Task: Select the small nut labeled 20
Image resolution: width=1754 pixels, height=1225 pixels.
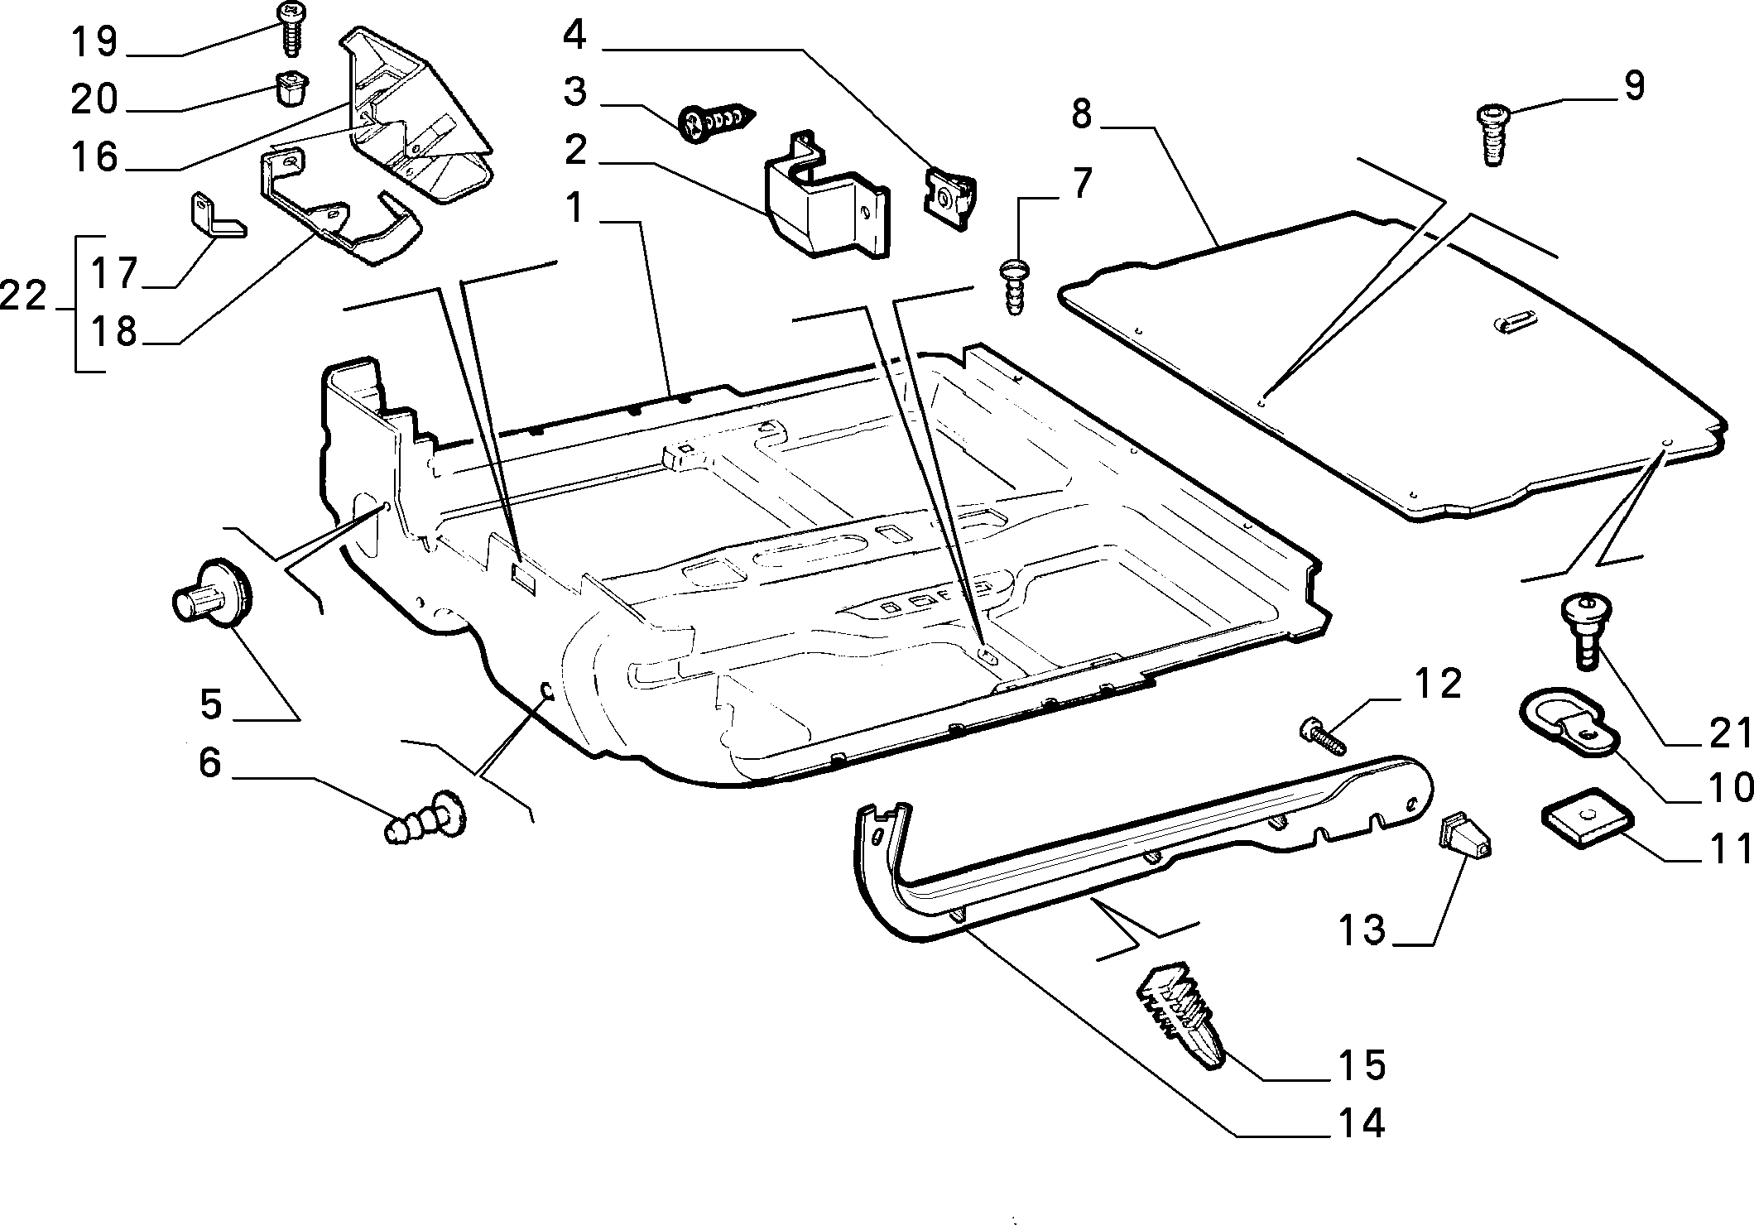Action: [x=289, y=89]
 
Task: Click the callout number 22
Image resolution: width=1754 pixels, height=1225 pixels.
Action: [x=24, y=295]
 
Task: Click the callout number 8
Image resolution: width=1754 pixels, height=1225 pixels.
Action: [x=1080, y=114]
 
